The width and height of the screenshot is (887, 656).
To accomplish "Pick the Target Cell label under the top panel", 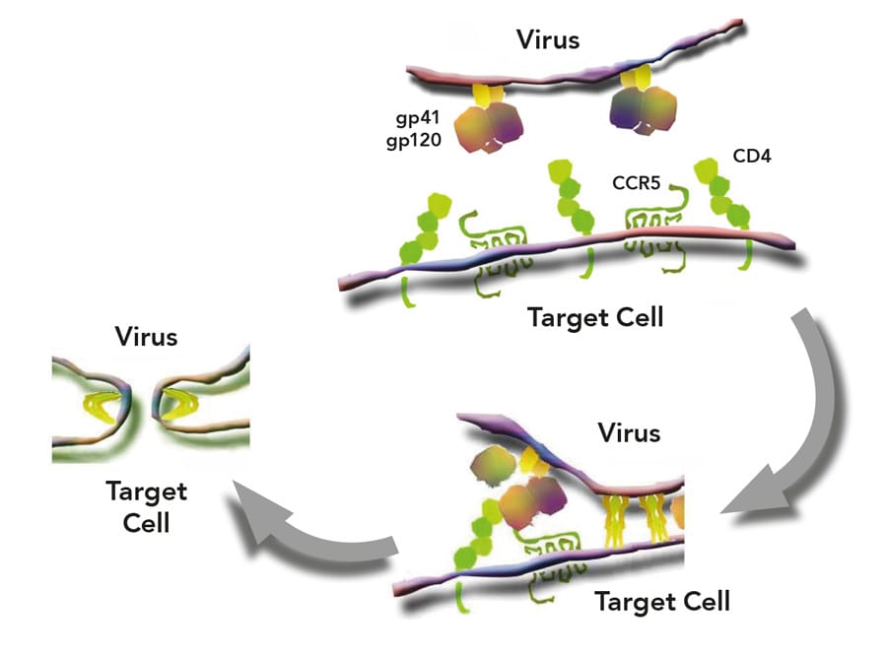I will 595,318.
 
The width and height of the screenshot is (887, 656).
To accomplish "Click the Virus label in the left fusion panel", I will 146,336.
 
